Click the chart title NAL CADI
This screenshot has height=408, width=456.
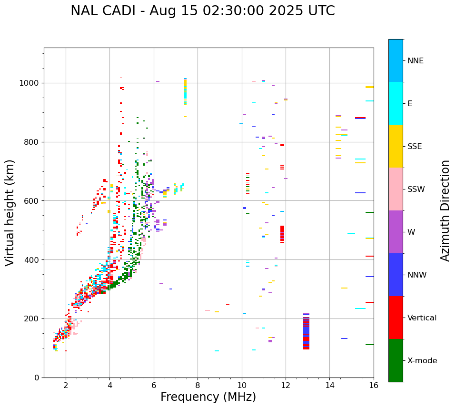tap(202, 11)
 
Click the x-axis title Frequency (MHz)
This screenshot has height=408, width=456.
tap(208, 397)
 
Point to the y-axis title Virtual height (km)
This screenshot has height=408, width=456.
tap(10, 212)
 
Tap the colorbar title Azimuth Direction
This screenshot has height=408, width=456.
tap(445, 210)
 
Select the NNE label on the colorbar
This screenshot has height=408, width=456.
tap(415, 61)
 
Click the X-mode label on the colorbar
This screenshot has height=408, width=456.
tap(422, 361)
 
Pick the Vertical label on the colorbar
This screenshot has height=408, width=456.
tap(422, 318)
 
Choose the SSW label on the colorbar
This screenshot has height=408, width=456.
tap(416, 189)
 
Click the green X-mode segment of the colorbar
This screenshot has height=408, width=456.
tap(396, 360)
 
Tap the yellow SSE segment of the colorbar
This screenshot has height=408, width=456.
tap(396, 146)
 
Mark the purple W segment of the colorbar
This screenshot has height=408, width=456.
tap(396, 232)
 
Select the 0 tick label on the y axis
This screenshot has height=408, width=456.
tap(37, 378)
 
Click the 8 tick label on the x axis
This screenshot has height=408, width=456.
tap(198, 385)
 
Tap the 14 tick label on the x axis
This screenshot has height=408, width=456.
tap(329, 385)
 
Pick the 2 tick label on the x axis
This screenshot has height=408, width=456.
tap(66, 385)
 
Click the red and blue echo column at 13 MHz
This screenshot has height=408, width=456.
tap(306, 331)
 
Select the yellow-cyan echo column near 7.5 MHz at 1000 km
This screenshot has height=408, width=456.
tap(185, 91)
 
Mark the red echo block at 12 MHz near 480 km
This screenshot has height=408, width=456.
tap(282, 234)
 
